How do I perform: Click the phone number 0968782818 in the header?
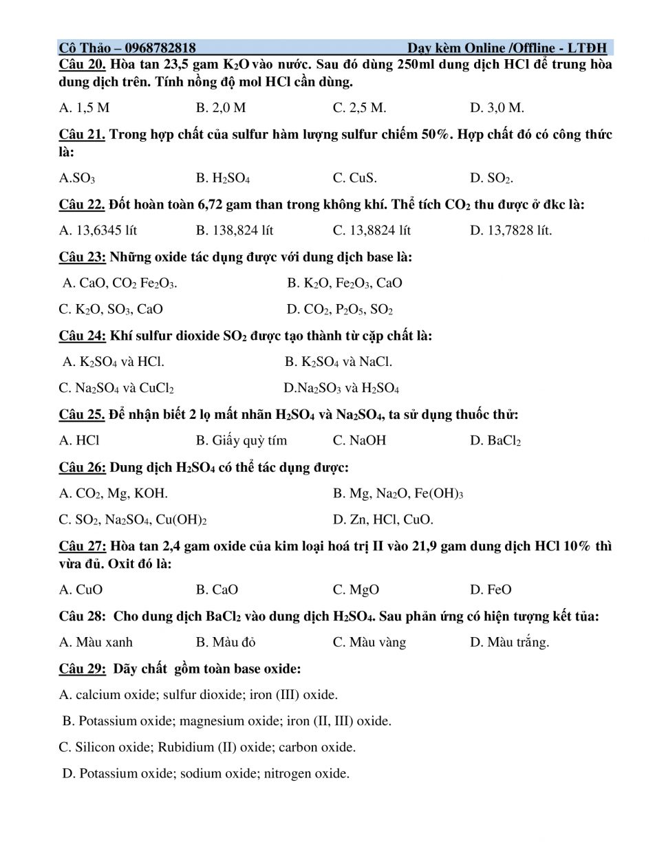click(x=160, y=47)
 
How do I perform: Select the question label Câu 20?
click(x=81, y=64)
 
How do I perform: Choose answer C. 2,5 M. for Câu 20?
click(x=359, y=107)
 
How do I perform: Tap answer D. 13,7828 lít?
click(x=511, y=230)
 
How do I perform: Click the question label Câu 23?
click(x=82, y=257)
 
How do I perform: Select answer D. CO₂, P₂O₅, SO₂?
click(x=339, y=310)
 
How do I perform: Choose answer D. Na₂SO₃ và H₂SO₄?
click(x=341, y=388)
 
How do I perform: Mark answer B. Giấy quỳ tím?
click(x=241, y=440)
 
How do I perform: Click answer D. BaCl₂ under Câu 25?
click(x=495, y=440)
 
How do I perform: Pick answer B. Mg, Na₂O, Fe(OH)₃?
click(x=398, y=493)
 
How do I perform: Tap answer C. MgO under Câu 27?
click(x=356, y=590)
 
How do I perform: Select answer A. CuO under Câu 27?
click(x=80, y=590)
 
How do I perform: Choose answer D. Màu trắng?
click(x=509, y=642)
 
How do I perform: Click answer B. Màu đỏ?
click(x=225, y=642)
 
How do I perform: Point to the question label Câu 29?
click(x=82, y=669)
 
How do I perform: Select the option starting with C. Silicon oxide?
click(x=207, y=747)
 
